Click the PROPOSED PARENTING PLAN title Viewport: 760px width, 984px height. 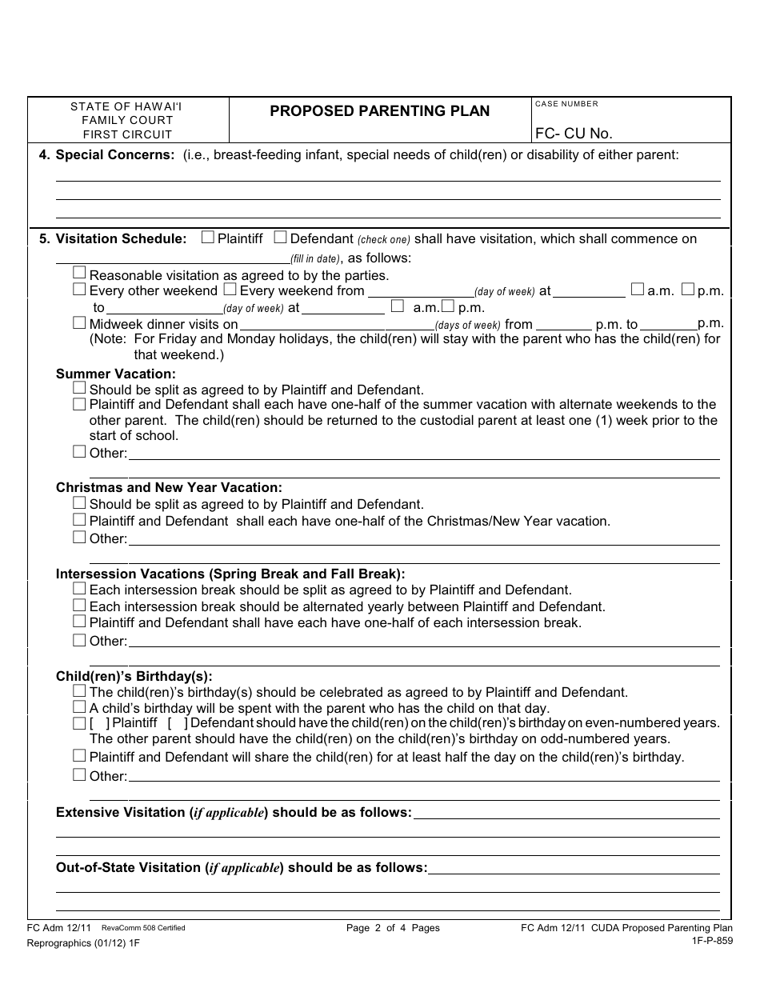click(379, 111)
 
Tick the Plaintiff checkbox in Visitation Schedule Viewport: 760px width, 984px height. click(208, 238)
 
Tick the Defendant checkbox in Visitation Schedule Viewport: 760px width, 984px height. click(280, 238)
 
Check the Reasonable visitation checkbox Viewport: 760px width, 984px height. click(79, 274)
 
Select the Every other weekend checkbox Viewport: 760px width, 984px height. click(79, 290)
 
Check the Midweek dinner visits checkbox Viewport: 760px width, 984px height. click(79, 323)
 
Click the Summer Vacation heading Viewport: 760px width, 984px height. click(115, 374)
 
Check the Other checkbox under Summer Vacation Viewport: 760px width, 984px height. click(79, 452)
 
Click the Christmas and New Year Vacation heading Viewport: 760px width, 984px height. click(169, 487)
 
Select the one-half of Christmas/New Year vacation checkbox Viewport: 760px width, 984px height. click(79, 520)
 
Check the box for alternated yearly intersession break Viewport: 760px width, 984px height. click(79, 606)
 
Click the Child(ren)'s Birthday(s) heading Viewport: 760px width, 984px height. click(134, 676)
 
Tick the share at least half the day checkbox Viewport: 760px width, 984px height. click(79, 755)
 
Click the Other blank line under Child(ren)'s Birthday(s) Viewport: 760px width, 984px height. click(424, 776)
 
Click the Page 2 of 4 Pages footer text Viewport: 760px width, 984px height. click(393, 928)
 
